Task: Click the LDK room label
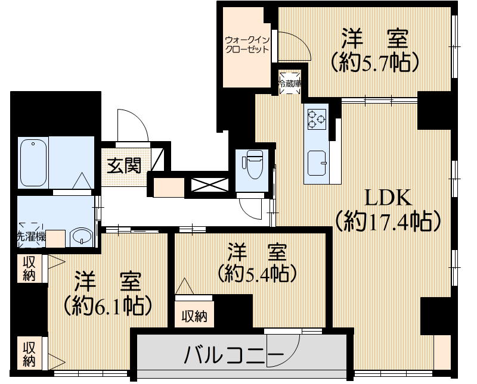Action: click(x=386, y=197)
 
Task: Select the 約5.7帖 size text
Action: click(x=374, y=61)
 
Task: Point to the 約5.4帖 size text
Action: click(x=258, y=273)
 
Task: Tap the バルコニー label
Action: click(x=234, y=356)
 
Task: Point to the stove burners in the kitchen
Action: click(x=315, y=119)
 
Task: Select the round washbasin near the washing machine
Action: click(x=79, y=238)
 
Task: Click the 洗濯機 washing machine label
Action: click(x=31, y=236)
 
